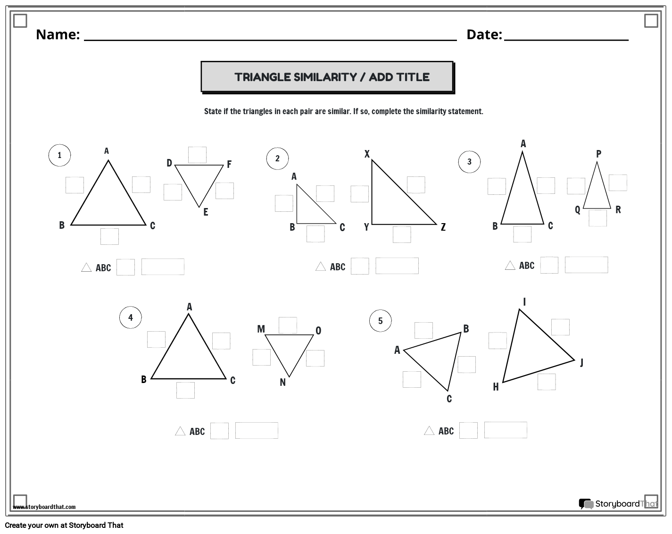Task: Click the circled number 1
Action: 59,155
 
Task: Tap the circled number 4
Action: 131,317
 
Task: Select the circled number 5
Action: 380,321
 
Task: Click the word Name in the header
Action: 58,34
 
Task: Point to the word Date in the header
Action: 484,34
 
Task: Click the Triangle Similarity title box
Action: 327,76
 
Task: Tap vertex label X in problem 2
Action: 367,154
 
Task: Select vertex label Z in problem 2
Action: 443,227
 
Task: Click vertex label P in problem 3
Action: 598,154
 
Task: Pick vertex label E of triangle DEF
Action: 206,212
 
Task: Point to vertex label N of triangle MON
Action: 282,383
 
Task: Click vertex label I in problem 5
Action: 524,302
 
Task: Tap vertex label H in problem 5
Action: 496,387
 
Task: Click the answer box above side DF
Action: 197,155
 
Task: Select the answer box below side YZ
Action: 402,234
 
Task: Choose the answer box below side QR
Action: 597,218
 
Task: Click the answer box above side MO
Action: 288,325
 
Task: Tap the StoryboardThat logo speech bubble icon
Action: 586,504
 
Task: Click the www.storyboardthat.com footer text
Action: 44,507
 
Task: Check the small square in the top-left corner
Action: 20,21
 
